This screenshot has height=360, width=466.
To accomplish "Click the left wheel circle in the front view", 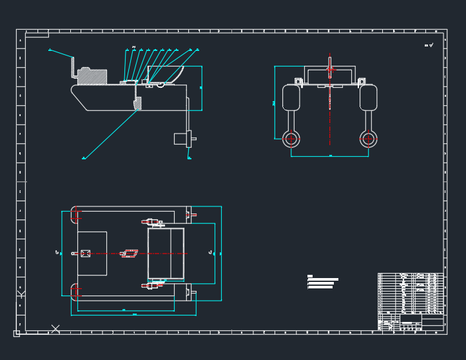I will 291,137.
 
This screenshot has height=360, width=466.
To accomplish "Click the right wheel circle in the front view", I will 368,137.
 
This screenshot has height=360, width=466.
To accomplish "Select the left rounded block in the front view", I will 291,98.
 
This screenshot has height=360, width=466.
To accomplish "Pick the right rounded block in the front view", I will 368,98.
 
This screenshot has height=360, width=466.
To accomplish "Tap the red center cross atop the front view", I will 330,69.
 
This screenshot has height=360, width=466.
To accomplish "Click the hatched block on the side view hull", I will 92,76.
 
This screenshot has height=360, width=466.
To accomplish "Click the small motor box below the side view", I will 180,138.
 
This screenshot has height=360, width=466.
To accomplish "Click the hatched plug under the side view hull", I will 137,103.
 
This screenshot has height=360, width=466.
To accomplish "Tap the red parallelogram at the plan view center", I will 130,254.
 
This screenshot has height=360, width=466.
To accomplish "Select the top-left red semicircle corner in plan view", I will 76,215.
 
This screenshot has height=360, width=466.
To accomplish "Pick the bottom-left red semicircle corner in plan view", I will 76,292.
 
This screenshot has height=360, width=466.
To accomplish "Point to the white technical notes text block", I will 322,283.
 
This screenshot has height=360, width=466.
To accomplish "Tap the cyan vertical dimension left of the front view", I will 275,103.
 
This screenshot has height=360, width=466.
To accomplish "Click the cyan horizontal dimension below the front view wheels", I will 330,156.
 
